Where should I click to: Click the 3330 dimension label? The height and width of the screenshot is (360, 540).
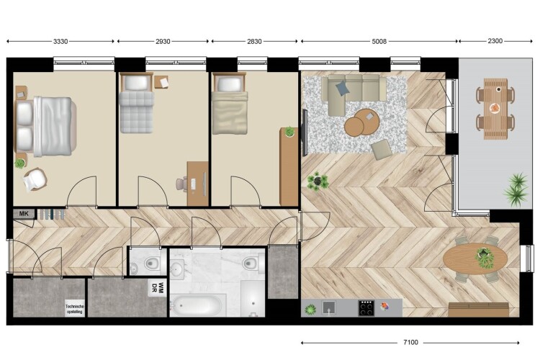point(60,41)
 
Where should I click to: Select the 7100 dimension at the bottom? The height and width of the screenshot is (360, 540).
point(410,343)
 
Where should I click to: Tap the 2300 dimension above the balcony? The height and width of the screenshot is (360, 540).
point(495,41)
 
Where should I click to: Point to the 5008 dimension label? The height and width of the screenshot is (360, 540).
point(379,41)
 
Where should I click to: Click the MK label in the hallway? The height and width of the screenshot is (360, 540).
point(24,214)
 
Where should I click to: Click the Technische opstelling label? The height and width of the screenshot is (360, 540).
point(75,309)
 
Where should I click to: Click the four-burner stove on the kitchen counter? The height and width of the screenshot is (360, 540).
point(366,308)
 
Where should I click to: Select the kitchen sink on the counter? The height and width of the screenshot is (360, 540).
point(329,307)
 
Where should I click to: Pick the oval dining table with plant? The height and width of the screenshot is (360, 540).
point(475,258)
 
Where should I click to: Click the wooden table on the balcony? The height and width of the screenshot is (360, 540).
point(495,109)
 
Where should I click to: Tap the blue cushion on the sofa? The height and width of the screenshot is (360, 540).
point(342,88)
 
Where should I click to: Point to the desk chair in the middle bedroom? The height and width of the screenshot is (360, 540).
point(181,184)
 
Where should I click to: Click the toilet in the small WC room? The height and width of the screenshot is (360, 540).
point(151,264)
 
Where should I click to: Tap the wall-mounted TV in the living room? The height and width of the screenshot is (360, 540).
point(305,132)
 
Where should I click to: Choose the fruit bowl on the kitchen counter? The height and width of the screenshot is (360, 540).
point(384,306)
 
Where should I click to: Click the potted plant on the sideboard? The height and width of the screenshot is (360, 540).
point(289,131)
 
